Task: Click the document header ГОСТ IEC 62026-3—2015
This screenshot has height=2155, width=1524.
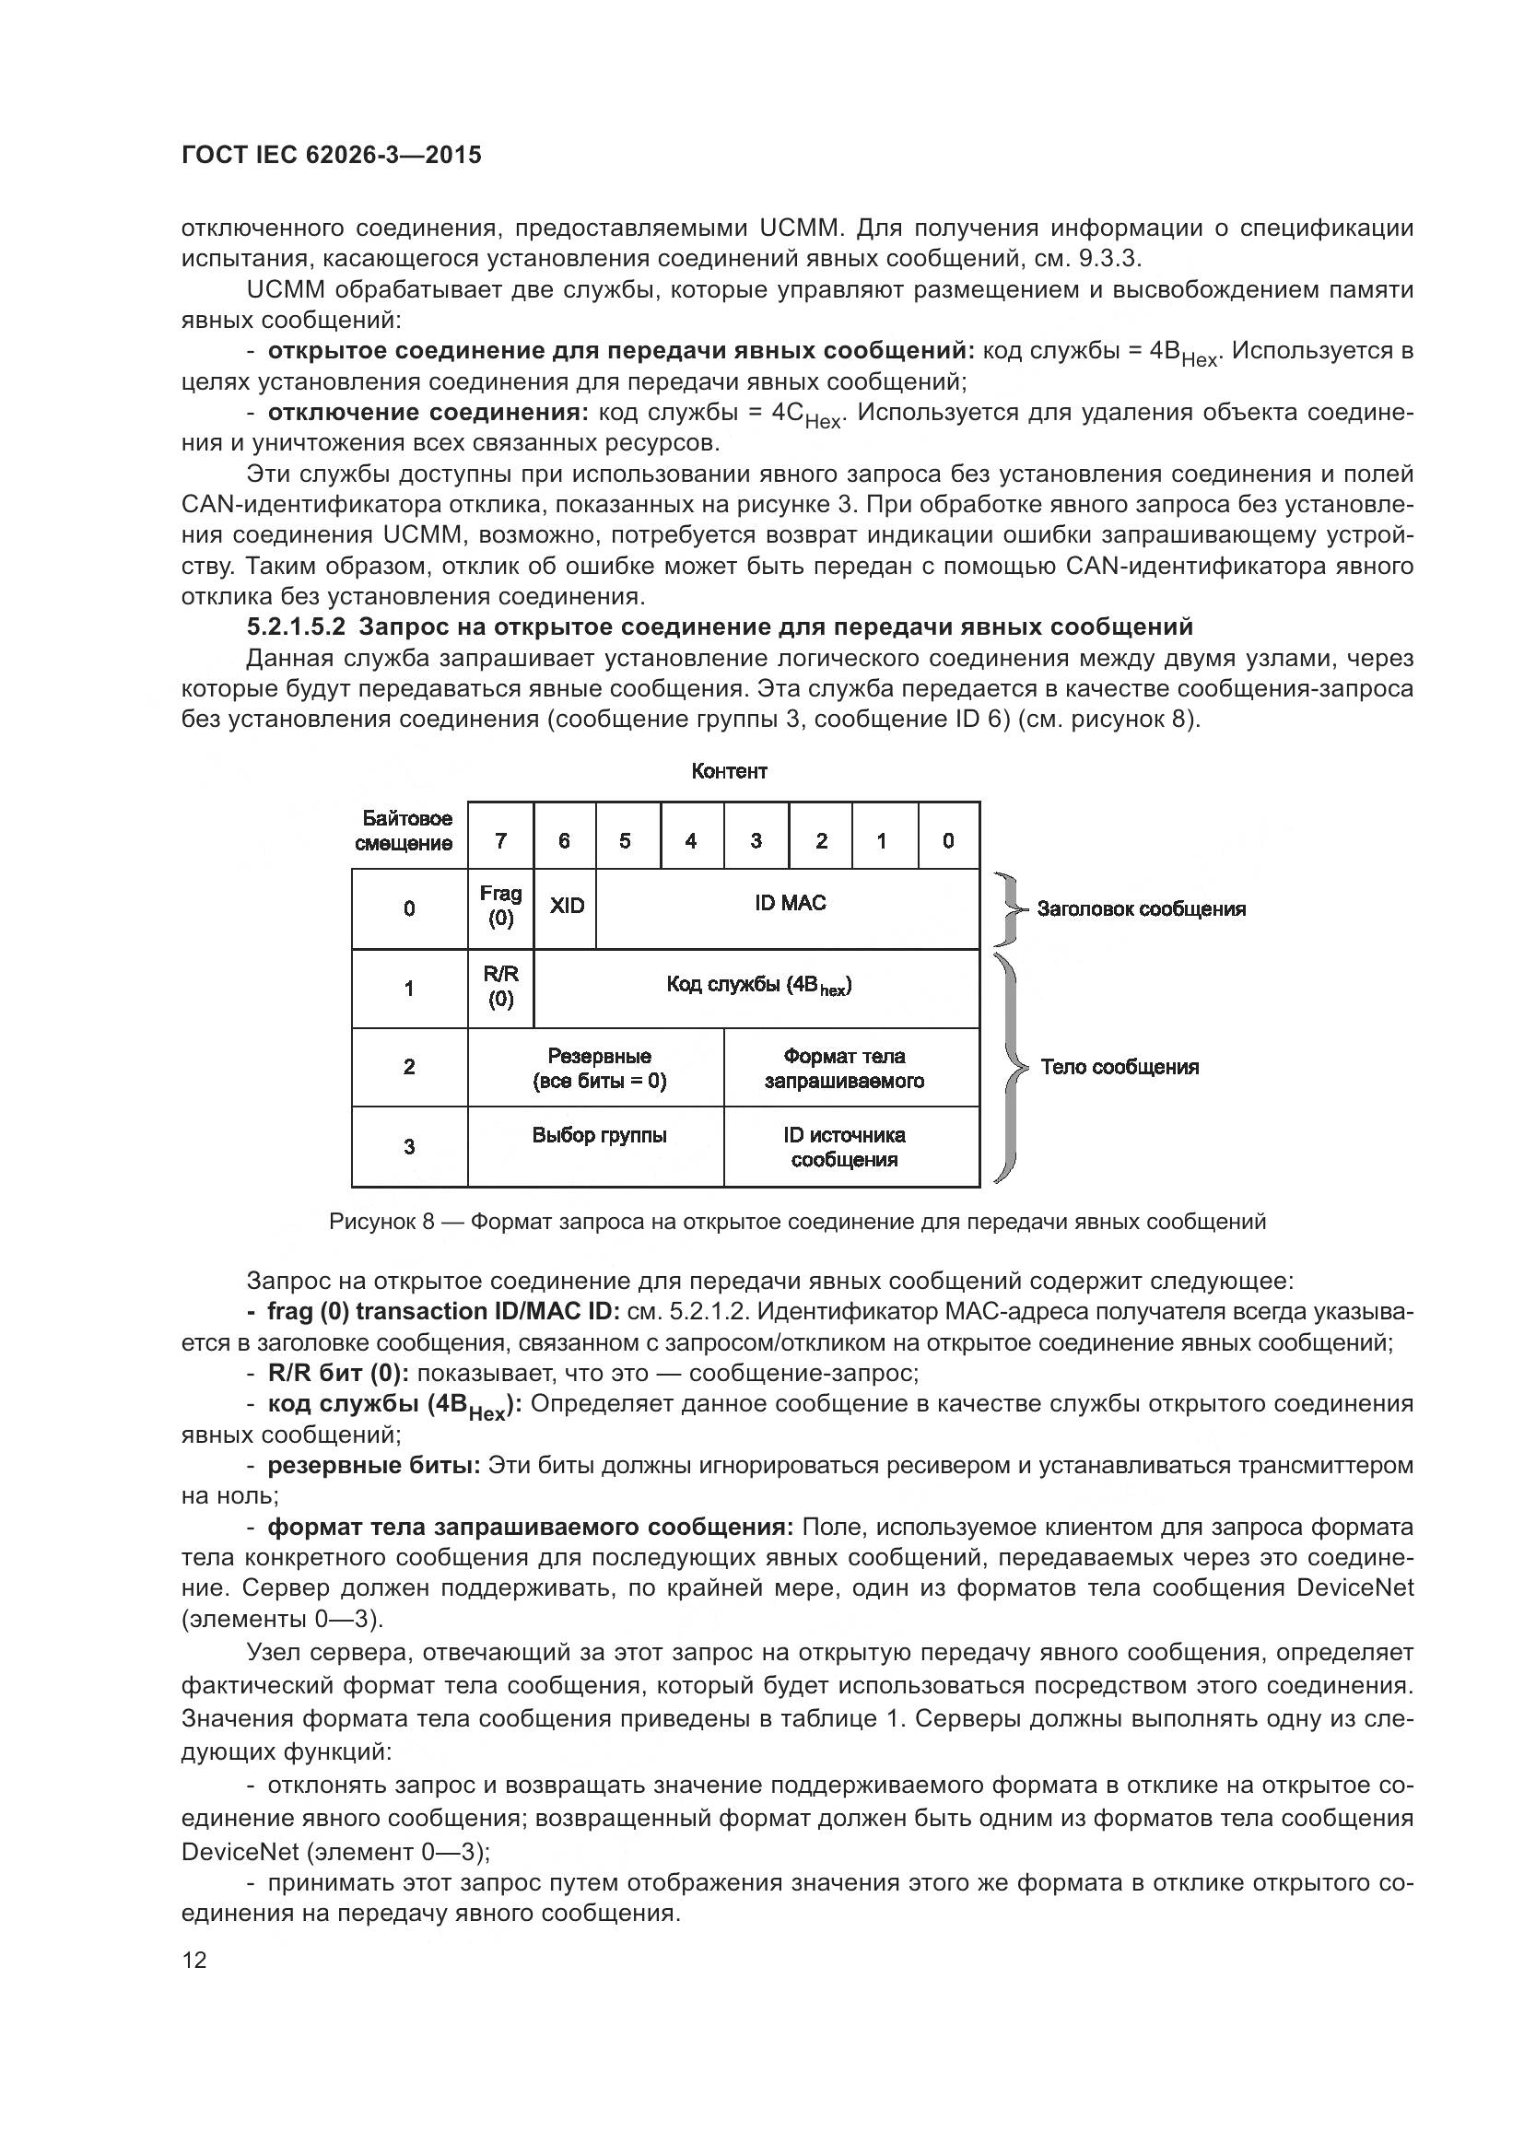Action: (x=332, y=155)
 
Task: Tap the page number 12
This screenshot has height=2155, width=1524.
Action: (x=194, y=1960)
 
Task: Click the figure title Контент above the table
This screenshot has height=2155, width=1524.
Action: (x=729, y=771)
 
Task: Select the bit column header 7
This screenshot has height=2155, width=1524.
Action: (x=501, y=840)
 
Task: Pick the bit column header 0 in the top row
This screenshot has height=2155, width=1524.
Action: (x=948, y=840)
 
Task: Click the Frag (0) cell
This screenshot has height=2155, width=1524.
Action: (x=501, y=907)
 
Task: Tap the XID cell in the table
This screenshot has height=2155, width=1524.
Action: (x=566, y=907)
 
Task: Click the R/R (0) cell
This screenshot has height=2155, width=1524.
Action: (x=501, y=987)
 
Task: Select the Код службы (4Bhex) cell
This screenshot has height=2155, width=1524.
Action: (x=758, y=986)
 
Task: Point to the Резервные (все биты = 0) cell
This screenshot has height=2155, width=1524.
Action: (x=599, y=1068)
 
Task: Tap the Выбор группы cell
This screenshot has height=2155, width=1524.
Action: (x=599, y=1136)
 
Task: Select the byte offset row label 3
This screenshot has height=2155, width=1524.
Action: (x=409, y=1146)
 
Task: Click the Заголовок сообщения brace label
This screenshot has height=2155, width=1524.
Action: (x=1141, y=908)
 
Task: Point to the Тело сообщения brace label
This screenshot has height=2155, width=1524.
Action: (x=1120, y=1067)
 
